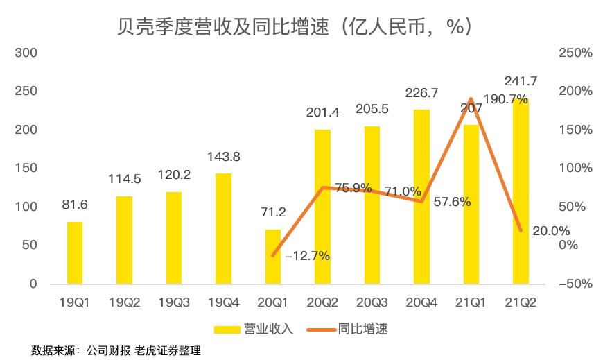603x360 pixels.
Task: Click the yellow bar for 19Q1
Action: (x=75, y=252)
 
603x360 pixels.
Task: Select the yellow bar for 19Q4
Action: (x=223, y=228)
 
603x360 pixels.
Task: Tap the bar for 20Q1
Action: (x=273, y=256)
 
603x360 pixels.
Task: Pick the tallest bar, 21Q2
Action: (x=521, y=191)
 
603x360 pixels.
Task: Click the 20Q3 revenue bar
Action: (x=372, y=205)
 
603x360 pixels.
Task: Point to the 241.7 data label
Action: (x=521, y=82)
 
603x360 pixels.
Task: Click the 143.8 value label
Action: (x=223, y=157)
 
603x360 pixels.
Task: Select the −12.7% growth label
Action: (x=307, y=256)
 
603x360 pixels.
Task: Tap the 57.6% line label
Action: (x=451, y=202)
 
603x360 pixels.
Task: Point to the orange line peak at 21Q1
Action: (x=471, y=99)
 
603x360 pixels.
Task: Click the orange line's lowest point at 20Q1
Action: (x=273, y=255)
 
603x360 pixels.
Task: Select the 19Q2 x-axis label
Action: (x=125, y=302)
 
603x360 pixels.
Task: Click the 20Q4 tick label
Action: (x=421, y=302)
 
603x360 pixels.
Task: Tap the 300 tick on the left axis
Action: (x=29, y=53)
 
